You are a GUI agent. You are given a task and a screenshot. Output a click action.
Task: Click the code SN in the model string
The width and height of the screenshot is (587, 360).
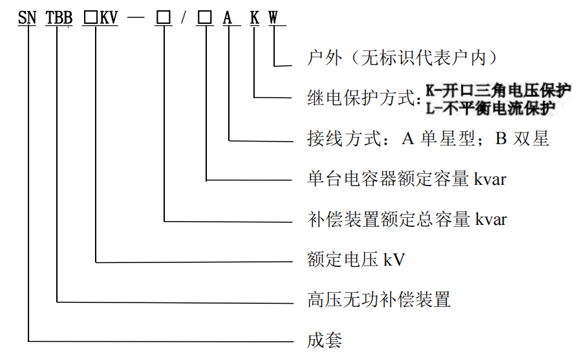click(x=27, y=17)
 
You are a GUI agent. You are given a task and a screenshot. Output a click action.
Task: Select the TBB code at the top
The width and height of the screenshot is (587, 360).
click(x=59, y=17)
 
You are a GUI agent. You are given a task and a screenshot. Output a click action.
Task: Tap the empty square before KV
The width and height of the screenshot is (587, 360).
click(x=91, y=17)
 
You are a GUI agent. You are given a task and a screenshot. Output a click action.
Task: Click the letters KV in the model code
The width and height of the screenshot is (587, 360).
click(x=109, y=17)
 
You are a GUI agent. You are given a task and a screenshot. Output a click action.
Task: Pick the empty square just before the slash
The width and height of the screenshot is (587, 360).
click(x=164, y=17)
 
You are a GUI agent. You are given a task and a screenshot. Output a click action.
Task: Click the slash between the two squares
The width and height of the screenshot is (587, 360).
click(x=183, y=17)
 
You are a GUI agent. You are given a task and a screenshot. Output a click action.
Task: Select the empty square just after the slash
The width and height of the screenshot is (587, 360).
click(x=205, y=17)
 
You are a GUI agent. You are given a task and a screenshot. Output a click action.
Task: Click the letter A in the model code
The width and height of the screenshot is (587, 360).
click(x=228, y=17)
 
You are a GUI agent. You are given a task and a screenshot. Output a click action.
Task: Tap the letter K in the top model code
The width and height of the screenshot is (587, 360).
click(x=255, y=17)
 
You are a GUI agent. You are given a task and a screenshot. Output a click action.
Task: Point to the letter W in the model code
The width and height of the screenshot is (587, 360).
click(x=273, y=17)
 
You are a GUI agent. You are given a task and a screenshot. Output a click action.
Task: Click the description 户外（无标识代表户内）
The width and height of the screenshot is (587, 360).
click(x=403, y=58)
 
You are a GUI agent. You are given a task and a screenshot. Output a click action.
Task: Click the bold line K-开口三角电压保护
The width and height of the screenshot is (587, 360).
click(x=498, y=90)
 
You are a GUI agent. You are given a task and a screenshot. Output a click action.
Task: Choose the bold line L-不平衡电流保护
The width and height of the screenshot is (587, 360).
click(x=491, y=108)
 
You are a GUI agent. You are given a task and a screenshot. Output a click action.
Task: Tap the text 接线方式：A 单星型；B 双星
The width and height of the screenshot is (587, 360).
click(x=428, y=138)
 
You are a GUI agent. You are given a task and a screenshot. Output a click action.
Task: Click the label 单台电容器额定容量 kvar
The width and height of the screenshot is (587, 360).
click(x=407, y=179)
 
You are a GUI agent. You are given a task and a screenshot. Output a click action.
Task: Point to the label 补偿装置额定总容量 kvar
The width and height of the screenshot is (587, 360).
click(x=407, y=219)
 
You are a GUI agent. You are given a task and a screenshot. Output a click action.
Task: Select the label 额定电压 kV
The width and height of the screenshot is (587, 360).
click(x=356, y=259)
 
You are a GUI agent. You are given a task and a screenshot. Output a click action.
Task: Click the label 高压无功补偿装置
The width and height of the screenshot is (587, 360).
click(x=379, y=300)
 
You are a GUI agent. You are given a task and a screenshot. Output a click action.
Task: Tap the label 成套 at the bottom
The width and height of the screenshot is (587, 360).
click(x=325, y=340)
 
